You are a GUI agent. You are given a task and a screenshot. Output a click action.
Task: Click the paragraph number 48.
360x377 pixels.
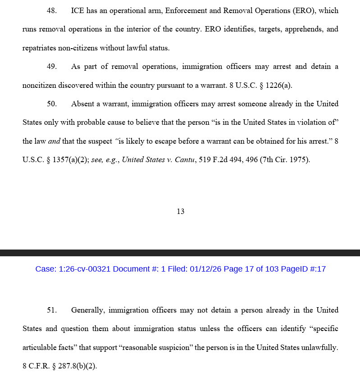51,11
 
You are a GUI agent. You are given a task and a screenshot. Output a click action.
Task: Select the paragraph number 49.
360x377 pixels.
51,67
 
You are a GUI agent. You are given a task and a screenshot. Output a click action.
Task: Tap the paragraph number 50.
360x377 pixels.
51,104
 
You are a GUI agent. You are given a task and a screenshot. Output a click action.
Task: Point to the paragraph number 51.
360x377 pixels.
51,310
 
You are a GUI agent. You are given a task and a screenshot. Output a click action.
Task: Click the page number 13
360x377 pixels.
180,212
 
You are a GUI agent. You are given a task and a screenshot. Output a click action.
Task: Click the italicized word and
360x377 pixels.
54,141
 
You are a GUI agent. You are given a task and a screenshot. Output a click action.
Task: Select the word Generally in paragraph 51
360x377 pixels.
88,310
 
